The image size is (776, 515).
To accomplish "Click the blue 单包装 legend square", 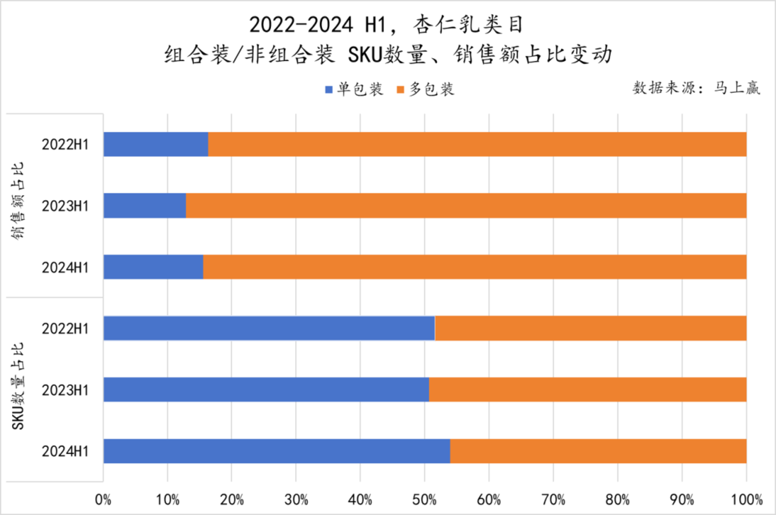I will tap(329, 90).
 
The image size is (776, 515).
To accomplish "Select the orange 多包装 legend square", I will tap(400, 90).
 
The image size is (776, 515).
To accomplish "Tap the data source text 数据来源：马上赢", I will tap(696, 88).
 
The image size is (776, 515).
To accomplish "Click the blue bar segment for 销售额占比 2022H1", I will tap(156, 144).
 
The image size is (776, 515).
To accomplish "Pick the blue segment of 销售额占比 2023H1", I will tap(145, 206).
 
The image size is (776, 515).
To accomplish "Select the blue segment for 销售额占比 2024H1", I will tap(153, 267).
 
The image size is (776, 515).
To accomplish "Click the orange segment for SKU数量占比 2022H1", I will tap(590, 328).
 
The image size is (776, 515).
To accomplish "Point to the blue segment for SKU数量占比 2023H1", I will tap(266, 390).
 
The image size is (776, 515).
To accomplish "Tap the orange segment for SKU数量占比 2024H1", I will tap(598, 451).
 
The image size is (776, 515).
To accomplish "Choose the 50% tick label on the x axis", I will tap(424, 500).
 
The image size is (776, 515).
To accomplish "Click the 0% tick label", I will tap(103, 500).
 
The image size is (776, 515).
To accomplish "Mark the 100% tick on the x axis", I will tap(746, 500).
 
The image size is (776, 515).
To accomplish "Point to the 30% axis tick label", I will tap(296, 500).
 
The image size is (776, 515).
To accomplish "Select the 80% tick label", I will tap(617, 500).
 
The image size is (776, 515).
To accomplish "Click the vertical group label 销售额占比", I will tap(18, 201).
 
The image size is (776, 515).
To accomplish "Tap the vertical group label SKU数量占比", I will tap(18, 386).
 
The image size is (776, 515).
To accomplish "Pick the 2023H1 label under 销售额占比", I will tap(65, 206).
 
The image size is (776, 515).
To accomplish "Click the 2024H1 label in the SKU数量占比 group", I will tap(65, 452).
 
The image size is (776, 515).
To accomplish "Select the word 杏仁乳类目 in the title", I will tap(468, 25).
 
